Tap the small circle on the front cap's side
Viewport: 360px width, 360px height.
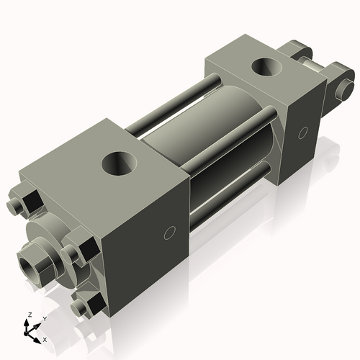[x=170, y=233]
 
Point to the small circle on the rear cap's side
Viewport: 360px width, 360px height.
[x=302, y=132]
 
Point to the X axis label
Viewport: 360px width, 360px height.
[x=45, y=338]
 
